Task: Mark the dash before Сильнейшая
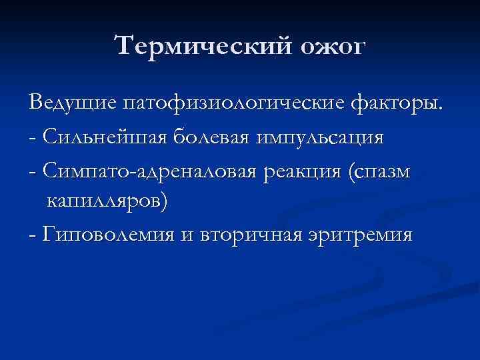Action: pos(33,139)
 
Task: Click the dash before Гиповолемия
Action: pos(33,236)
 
